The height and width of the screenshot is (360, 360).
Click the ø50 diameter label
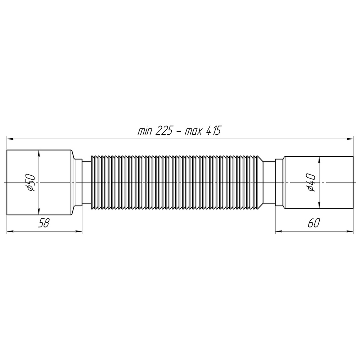[x=31, y=183]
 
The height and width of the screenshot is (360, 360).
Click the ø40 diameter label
[x=311, y=183]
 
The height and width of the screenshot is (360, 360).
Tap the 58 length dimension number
[x=44, y=223]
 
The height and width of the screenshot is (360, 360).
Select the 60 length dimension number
[x=314, y=223]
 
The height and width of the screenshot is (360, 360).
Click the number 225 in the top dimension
[x=164, y=131]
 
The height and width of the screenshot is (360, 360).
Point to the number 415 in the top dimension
[x=213, y=131]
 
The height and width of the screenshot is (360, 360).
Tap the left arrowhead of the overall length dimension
[x=10, y=139]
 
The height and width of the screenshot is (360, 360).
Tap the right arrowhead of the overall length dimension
[x=350, y=139]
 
